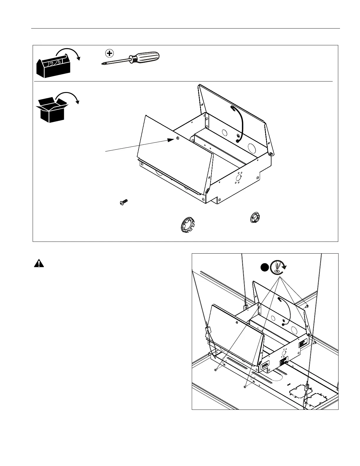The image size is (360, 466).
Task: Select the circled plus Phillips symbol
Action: [x=109, y=53]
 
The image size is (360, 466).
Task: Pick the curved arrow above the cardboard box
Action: [x=69, y=97]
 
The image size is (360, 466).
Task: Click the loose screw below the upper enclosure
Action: [x=124, y=202]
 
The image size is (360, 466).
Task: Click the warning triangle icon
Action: [x=39, y=263]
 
